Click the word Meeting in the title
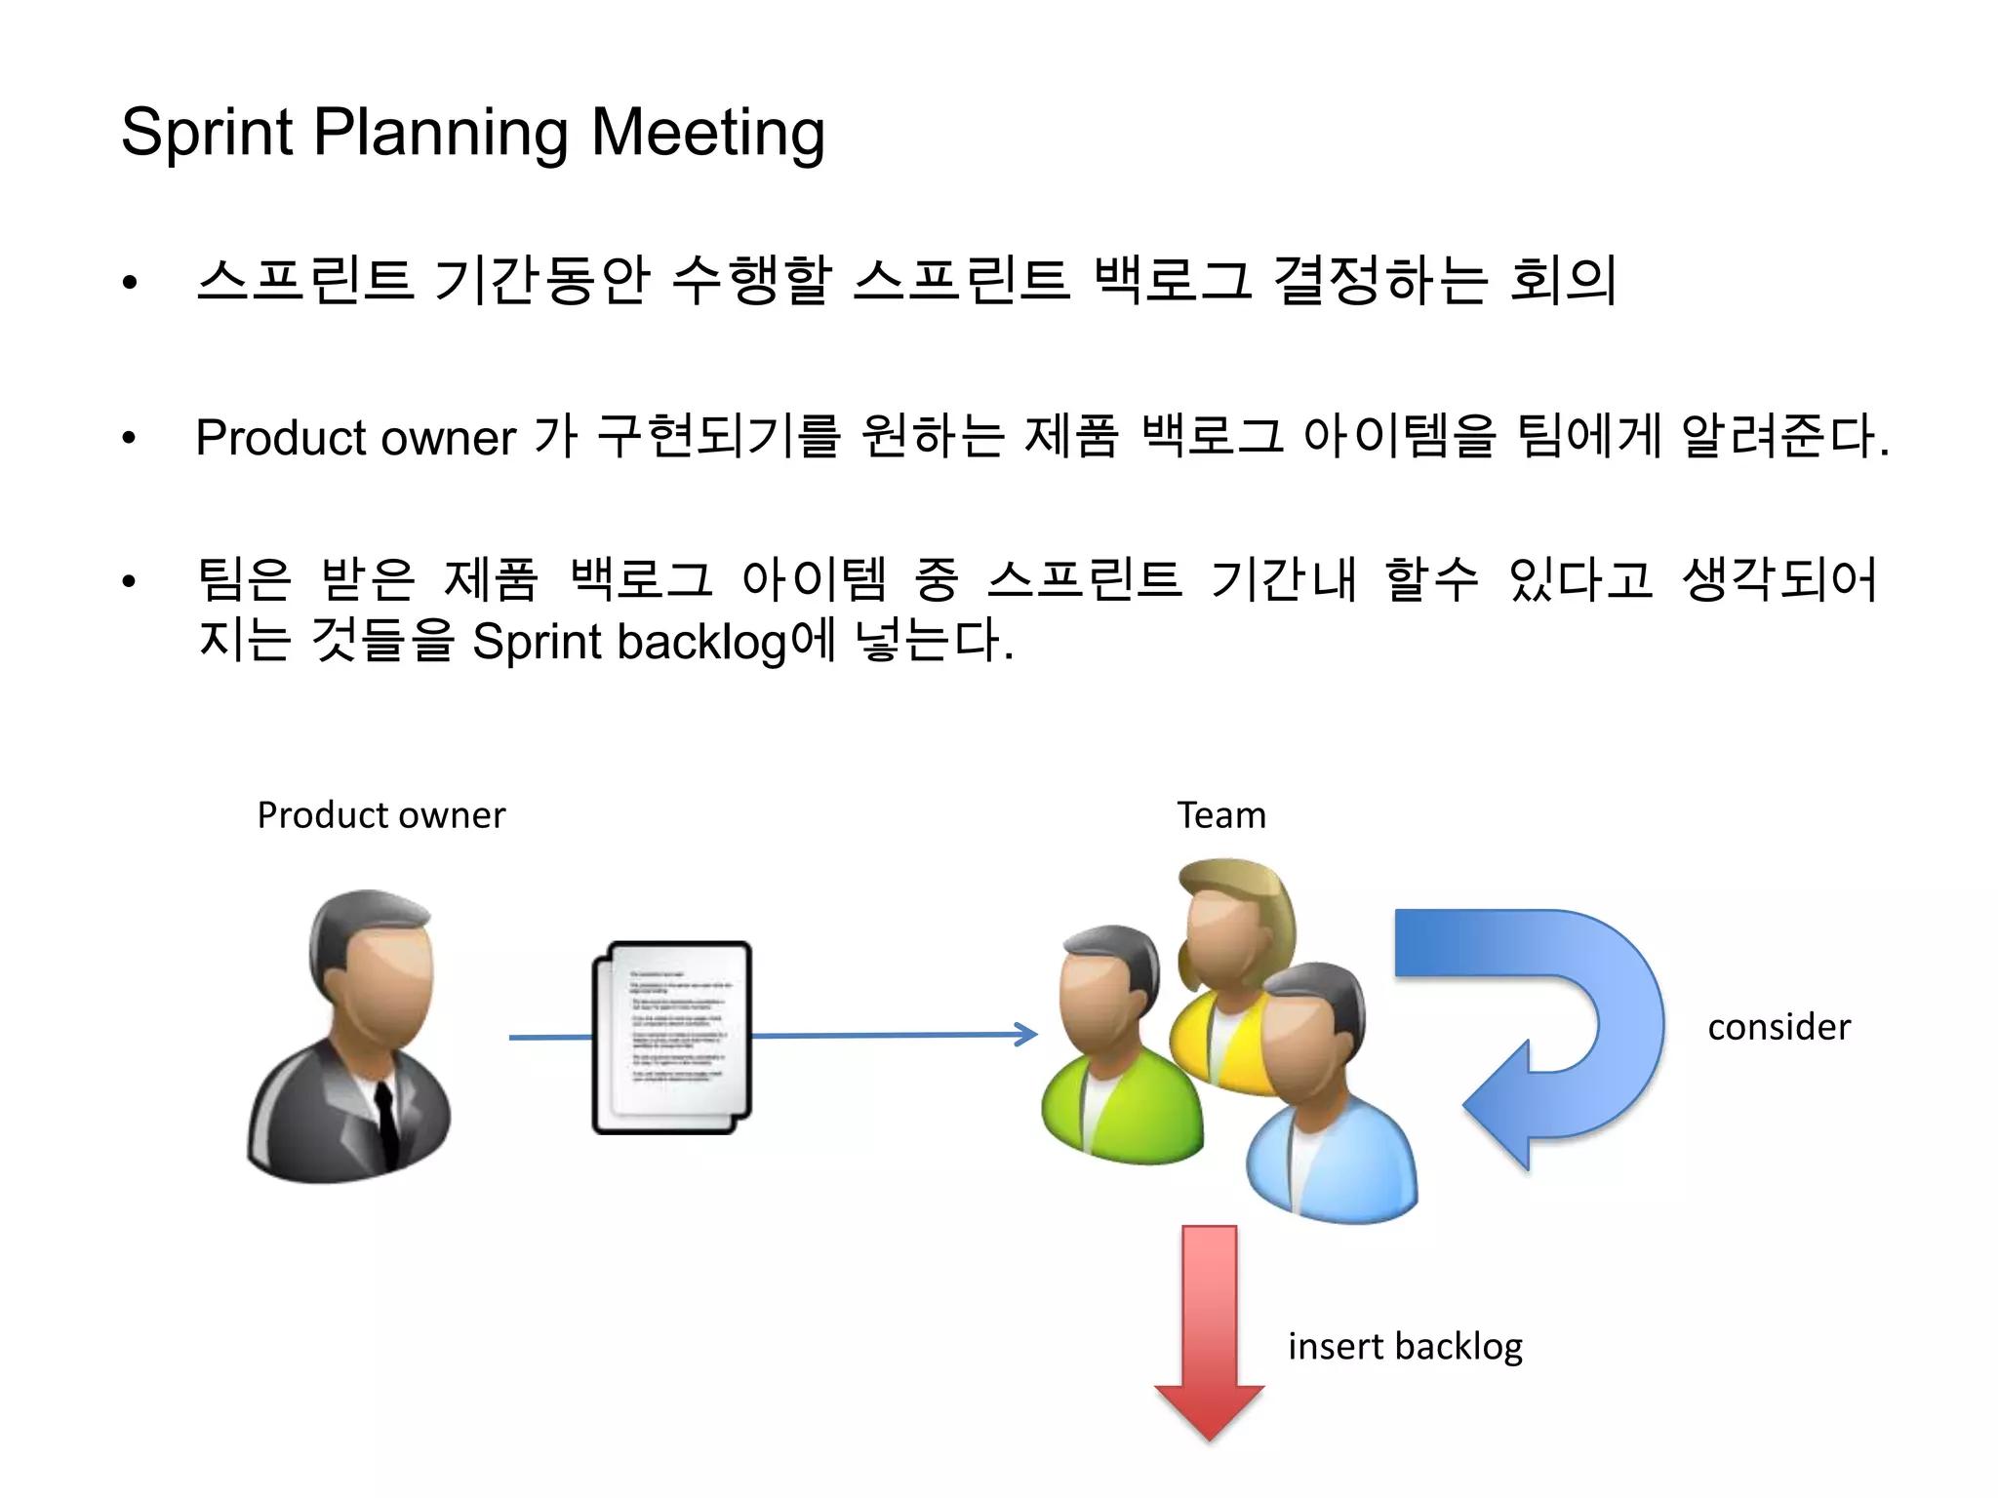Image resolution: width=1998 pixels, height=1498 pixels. [x=708, y=134]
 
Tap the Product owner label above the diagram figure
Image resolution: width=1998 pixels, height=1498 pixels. [x=380, y=814]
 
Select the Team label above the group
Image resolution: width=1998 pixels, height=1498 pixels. [x=1220, y=814]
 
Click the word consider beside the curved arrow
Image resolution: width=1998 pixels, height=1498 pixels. [x=1778, y=1027]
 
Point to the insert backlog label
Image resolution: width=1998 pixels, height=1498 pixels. [x=1405, y=1346]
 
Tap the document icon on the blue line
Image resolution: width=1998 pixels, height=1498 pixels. [x=672, y=1036]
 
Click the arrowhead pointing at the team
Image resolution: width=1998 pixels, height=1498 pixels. [x=1027, y=1034]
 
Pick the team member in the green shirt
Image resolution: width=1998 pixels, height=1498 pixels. [x=1112, y=1053]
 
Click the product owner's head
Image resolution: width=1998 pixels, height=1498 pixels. [x=376, y=966]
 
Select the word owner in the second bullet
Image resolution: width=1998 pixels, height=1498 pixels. [x=449, y=438]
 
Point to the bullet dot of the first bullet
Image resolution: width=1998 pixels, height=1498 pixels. [x=130, y=283]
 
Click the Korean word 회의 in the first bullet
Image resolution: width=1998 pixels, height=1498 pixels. [x=1563, y=280]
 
